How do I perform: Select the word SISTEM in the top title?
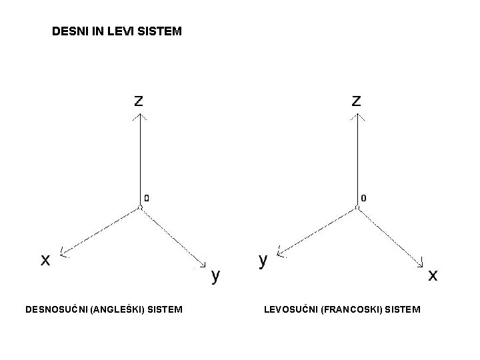[x=160, y=31]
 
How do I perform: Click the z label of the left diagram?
[x=138, y=101]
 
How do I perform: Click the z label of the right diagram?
[x=357, y=101]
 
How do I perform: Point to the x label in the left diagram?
[x=45, y=260]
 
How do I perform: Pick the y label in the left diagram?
[x=215, y=274]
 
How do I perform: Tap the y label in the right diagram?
[x=263, y=259]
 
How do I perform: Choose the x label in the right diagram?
[x=433, y=274]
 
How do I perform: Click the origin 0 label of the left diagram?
[x=147, y=198]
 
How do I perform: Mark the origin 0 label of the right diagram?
[x=363, y=198]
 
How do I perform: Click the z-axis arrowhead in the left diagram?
[x=139, y=116]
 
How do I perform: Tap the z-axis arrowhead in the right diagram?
[x=357, y=116]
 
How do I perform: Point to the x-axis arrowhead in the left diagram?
[x=63, y=253]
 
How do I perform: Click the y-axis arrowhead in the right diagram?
[x=281, y=253]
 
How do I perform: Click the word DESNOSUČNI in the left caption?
[x=55, y=309]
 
